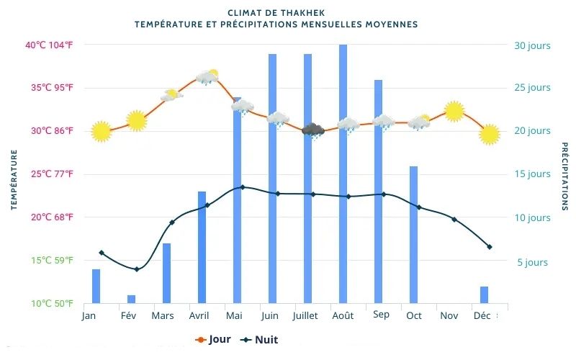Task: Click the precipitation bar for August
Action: click(343, 173)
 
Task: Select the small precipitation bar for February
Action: click(131, 299)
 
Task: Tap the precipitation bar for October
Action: click(414, 234)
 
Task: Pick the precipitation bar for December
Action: click(484, 294)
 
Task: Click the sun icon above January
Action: click(102, 132)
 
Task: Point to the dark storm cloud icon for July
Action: click(313, 130)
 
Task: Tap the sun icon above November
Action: click(454, 111)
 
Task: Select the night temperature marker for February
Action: click(136, 269)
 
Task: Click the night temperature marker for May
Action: click(242, 187)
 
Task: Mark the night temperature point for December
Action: click(490, 247)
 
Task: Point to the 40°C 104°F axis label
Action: click(49, 45)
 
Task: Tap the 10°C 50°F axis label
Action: click(49, 304)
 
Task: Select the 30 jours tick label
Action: click(532, 45)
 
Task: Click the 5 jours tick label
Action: click(532, 262)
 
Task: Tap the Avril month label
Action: click(199, 316)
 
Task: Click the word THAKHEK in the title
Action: click(300, 13)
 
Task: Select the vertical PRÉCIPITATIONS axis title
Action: click(564, 176)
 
